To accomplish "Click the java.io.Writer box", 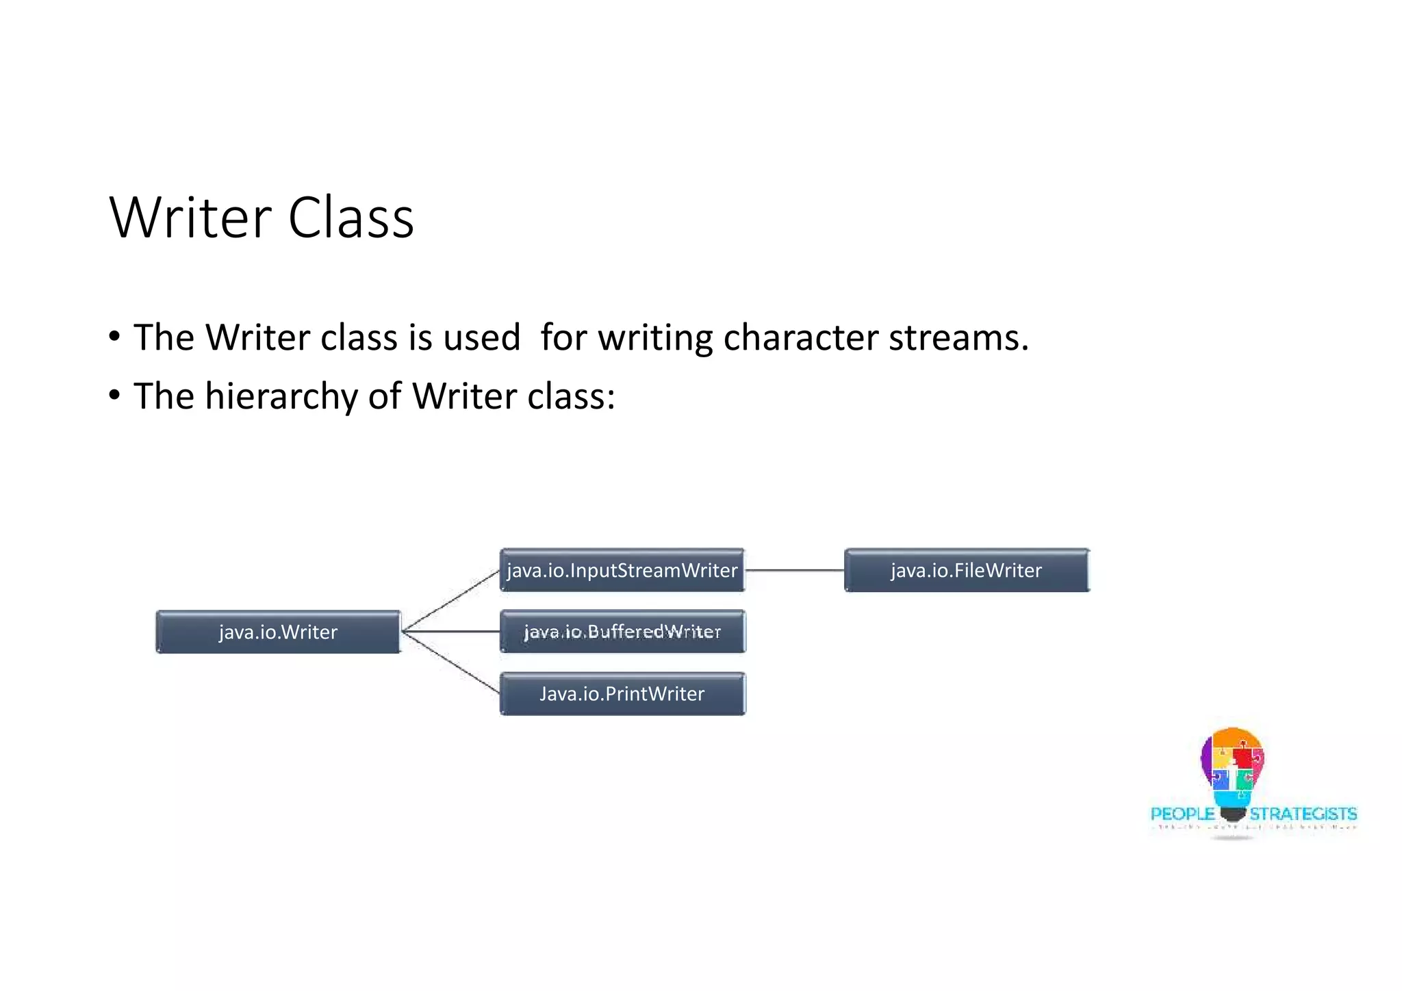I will [x=278, y=632].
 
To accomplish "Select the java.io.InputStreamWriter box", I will [x=622, y=570].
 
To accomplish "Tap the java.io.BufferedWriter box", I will [x=622, y=632].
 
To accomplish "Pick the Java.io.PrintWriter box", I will [x=622, y=694].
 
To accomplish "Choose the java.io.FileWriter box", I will [x=966, y=570].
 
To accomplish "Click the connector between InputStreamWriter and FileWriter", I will [x=794, y=570].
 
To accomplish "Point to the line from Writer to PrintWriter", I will [x=452, y=663].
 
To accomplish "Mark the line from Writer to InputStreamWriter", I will [x=452, y=600].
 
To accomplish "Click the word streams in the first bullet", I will [x=958, y=337].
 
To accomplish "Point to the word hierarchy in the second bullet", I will [x=281, y=396].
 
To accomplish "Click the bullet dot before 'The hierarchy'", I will [x=114, y=395].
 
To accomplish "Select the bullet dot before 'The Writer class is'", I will [x=114, y=336].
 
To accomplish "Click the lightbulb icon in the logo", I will [x=1232, y=770].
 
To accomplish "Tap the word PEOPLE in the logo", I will [x=1182, y=814].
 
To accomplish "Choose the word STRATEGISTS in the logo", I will [x=1303, y=814].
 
